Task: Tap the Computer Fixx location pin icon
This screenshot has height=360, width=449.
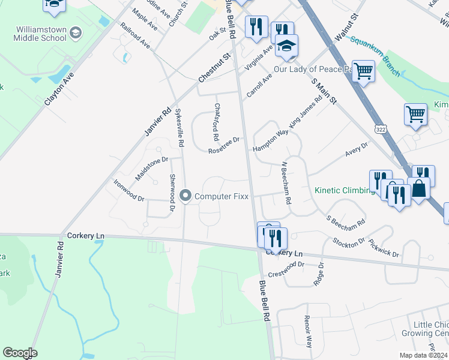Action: tap(185, 196)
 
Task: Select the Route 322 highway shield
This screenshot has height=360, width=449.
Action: tap(380, 129)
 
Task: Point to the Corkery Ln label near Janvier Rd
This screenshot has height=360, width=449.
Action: tap(86, 236)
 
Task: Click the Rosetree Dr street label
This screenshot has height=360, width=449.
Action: tap(224, 145)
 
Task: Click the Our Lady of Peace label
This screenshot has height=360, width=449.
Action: tap(312, 69)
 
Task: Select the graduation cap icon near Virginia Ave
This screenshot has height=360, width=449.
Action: tap(288, 47)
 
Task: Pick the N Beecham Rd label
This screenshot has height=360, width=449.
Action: tap(286, 182)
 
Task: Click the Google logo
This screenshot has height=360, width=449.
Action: tap(20, 353)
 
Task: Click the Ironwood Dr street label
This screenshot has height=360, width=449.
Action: tap(128, 190)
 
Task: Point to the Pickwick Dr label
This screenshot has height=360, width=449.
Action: tap(384, 248)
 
